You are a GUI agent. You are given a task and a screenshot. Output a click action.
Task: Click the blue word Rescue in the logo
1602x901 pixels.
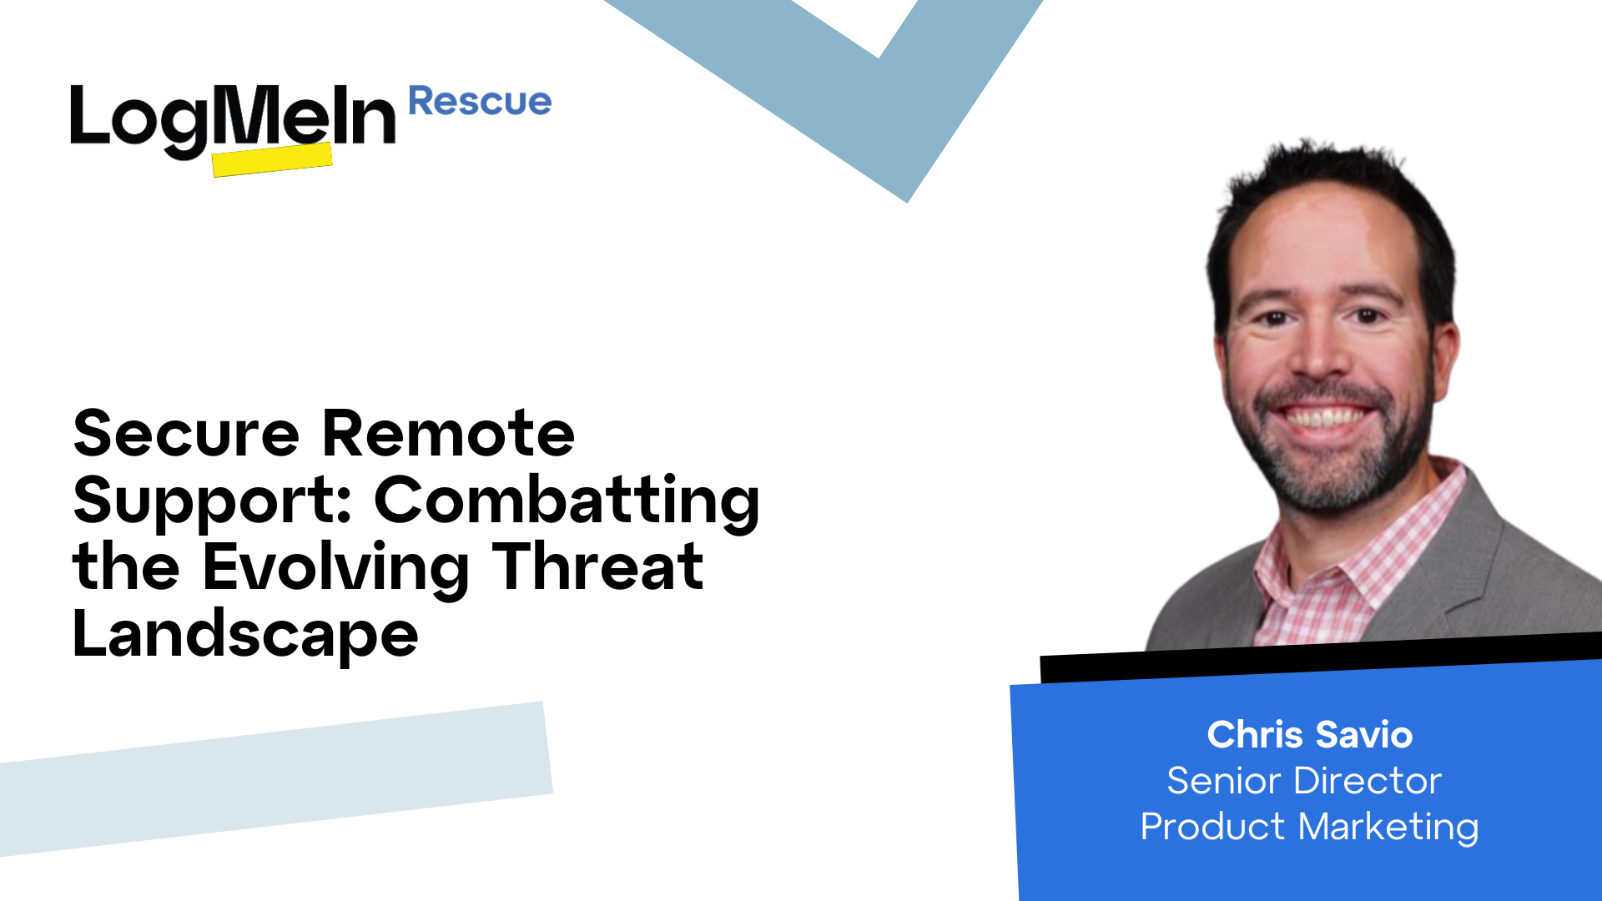point(480,102)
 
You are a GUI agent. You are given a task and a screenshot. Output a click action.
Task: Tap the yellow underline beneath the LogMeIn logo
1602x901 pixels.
point(272,159)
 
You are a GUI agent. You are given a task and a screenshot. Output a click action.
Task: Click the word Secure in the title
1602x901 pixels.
point(186,434)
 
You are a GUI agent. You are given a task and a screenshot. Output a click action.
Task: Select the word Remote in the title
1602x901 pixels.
point(448,434)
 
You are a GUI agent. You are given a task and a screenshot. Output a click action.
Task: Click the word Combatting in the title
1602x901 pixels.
point(567,501)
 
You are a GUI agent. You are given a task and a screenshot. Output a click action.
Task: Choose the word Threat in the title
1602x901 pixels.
point(597,567)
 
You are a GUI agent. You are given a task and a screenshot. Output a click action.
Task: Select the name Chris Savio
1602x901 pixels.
point(1309,735)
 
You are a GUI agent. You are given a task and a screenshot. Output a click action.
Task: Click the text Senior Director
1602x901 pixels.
point(1304,781)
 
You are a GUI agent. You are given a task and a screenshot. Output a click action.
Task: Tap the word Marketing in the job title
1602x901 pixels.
point(1388,827)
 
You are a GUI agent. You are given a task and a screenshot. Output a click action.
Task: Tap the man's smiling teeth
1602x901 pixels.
point(1327,415)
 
